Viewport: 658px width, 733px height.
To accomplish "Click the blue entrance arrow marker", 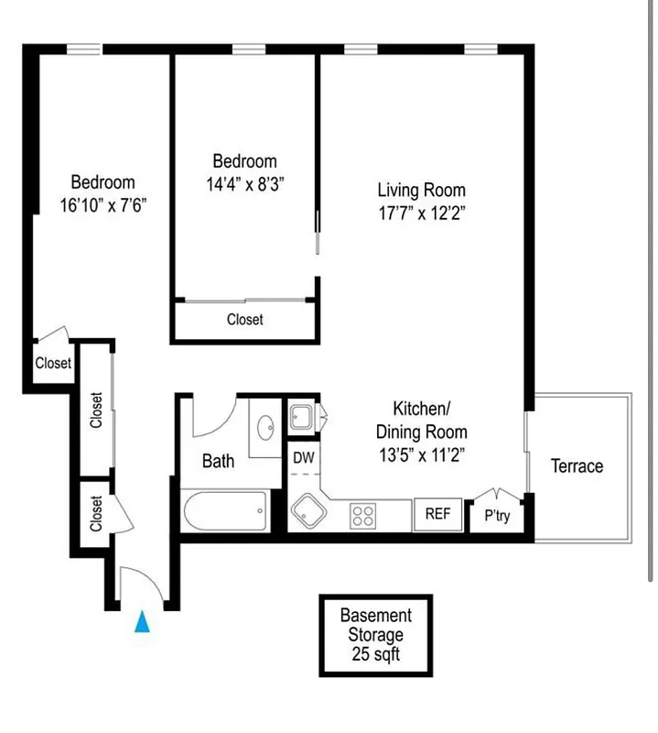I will click(x=142, y=622).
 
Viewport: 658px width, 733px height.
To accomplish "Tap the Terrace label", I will click(x=577, y=466).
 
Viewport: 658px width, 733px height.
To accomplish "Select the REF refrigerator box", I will click(x=437, y=514).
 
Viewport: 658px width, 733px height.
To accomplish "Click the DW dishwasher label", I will click(x=302, y=456).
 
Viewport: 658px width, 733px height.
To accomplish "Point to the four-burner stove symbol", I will click(x=363, y=516).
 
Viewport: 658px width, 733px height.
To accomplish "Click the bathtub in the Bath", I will click(x=225, y=511).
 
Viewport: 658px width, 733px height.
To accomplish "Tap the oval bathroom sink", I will click(x=267, y=428).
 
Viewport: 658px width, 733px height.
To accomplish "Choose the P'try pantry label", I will click(x=497, y=516).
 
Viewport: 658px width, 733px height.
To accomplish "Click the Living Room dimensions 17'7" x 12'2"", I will click(x=421, y=213).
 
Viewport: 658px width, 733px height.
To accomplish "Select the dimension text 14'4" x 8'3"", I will click(x=244, y=183).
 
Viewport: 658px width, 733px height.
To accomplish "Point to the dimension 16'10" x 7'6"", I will click(x=102, y=205).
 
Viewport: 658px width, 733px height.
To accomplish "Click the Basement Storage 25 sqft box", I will click(x=375, y=636).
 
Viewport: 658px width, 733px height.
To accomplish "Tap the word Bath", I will click(x=218, y=461).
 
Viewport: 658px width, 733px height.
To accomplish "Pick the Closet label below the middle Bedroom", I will click(x=244, y=320).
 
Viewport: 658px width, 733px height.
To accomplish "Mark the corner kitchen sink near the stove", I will click(x=306, y=510).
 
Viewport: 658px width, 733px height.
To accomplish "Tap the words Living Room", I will click(x=421, y=191).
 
